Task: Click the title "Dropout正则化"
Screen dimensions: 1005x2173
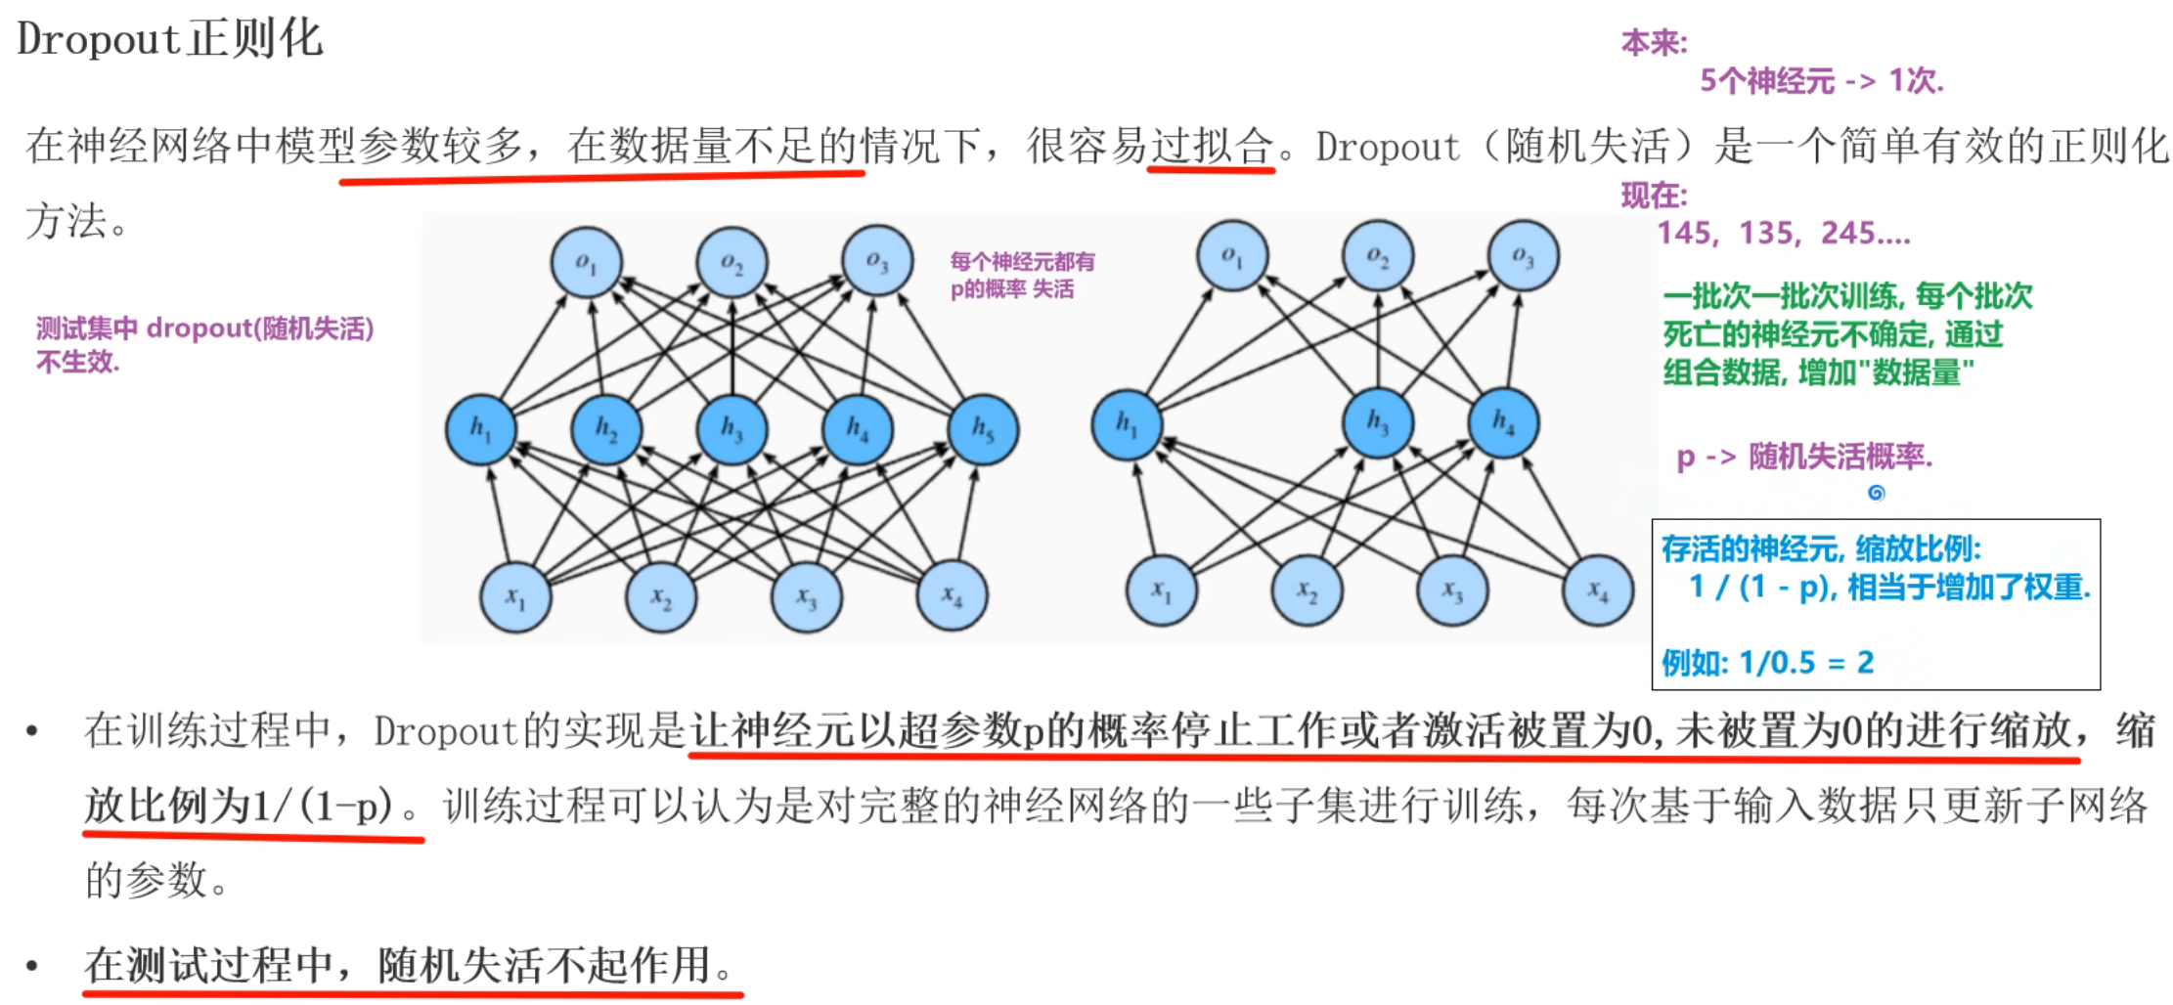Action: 169,39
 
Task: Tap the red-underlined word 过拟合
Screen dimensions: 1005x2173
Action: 1212,146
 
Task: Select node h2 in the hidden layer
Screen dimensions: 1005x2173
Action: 606,430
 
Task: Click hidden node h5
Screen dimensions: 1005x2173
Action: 983,430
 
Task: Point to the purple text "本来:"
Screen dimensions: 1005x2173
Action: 1654,43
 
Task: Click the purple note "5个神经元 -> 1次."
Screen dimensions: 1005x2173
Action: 1821,80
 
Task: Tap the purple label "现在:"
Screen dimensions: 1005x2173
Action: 1654,196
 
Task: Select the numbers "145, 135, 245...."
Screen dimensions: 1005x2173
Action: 1783,233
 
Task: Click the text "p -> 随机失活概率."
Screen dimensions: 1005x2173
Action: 1804,457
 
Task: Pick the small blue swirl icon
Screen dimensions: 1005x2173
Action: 1876,493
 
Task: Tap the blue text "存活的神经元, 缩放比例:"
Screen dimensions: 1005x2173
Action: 1821,548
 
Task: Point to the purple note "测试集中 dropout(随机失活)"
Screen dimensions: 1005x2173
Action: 205,328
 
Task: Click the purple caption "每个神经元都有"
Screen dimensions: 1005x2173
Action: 1022,261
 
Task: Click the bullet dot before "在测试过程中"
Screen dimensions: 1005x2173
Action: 32,966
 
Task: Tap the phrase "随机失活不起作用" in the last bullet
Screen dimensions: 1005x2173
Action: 544,966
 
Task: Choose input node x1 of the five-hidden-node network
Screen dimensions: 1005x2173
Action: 515,596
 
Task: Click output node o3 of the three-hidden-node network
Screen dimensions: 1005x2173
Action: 1523,256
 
